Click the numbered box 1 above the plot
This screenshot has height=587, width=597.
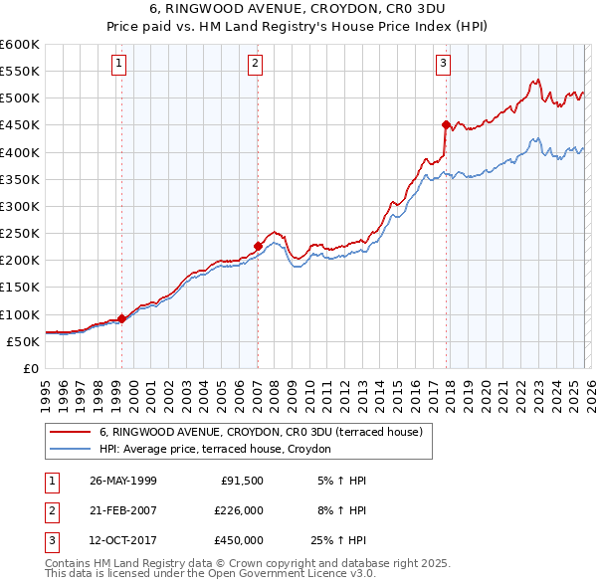[x=119, y=64]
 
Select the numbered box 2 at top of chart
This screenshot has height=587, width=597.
[x=256, y=64]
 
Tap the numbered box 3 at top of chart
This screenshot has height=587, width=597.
[x=443, y=64]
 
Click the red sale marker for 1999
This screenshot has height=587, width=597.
[x=122, y=318]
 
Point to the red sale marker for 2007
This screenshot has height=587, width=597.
[x=258, y=246]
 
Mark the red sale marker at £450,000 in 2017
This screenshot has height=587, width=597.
[x=446, y=124]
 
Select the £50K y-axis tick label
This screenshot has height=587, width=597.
[x=24, y=341]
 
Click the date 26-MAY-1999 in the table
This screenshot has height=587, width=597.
[x=123, y=481]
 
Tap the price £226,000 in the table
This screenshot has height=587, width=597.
[x=239, y=510]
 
